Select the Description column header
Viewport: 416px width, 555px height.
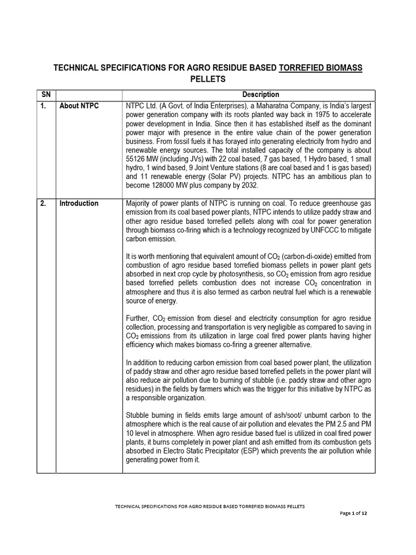(261, 94)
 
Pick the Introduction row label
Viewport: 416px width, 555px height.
(79, 203)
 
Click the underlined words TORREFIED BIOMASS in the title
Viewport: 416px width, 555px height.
(320, 67)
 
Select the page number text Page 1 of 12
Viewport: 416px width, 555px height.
(355, 513)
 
